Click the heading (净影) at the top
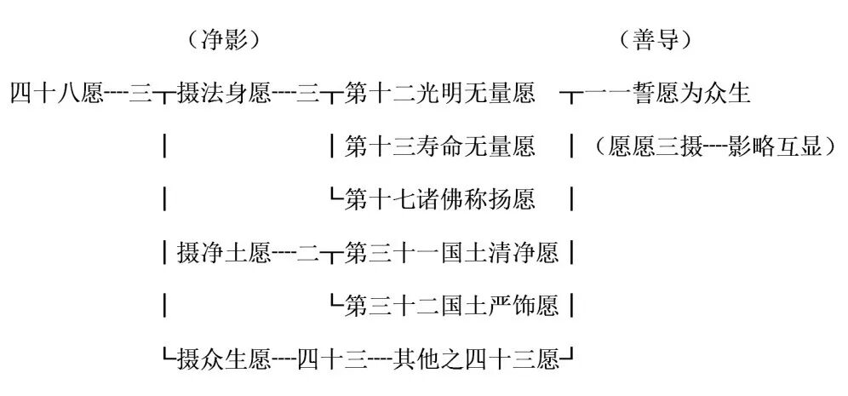221,39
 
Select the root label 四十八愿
57,93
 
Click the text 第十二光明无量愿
440,93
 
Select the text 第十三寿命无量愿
440,146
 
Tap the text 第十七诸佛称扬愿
440,199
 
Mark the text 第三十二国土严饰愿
452,305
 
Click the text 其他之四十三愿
476,359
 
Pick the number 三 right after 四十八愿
140,93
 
